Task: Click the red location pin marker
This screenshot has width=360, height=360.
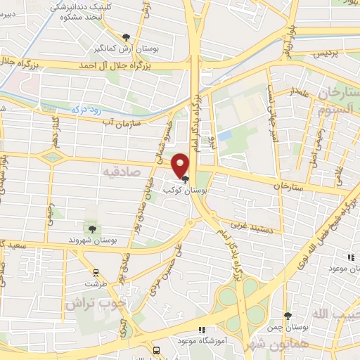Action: click(x=181, y=165)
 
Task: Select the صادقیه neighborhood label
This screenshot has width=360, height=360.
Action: click(x=136, y=171)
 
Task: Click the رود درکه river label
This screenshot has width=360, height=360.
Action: click(x=86, y=109)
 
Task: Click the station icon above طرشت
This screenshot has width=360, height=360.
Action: click(x=96, y=273)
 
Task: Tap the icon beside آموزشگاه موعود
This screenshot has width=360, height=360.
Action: click(x=202, y=329)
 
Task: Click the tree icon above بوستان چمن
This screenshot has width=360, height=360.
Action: click(x=287, y=316)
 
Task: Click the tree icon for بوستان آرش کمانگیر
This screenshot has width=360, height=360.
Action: click(x=126, y=37)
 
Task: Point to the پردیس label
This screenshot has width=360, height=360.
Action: click(x=326, y=53)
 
